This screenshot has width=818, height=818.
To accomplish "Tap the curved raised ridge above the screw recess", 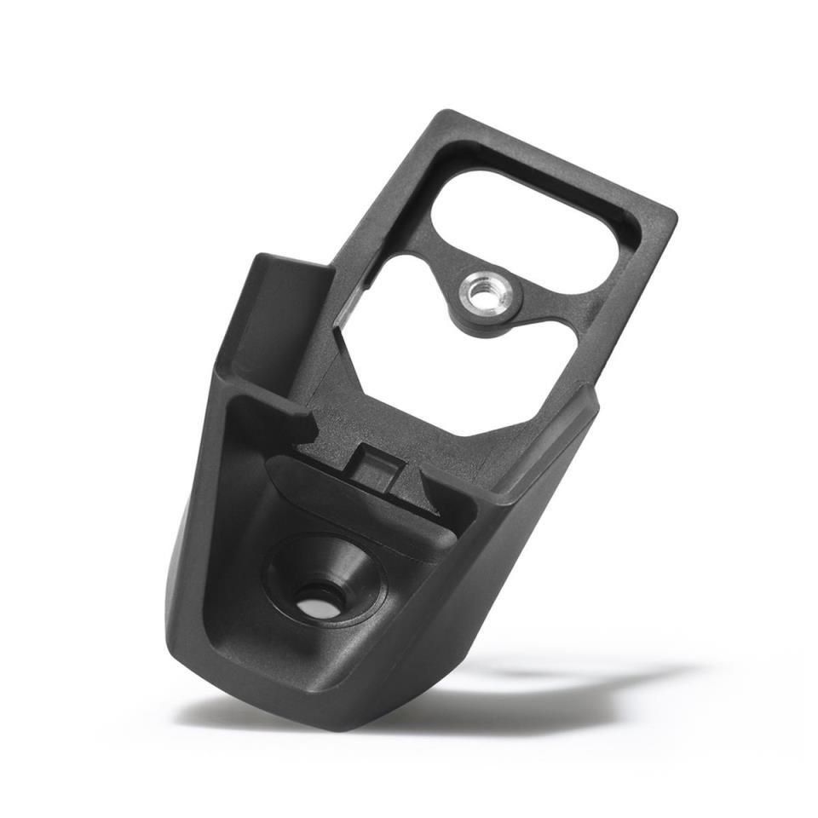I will [x=358, y=503].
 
